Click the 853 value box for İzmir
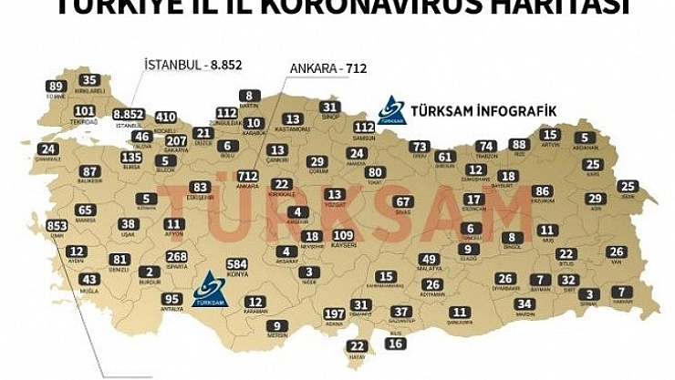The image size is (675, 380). point(57,226)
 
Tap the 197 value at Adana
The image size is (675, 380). point(335,314)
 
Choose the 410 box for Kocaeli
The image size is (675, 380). point(165,117)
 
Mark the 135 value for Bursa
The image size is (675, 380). point(131,156)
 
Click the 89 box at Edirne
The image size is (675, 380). point(57,87)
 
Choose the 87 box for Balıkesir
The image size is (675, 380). point(88,171)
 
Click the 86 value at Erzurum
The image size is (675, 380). point(543,191)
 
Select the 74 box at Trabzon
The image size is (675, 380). point(487,146)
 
